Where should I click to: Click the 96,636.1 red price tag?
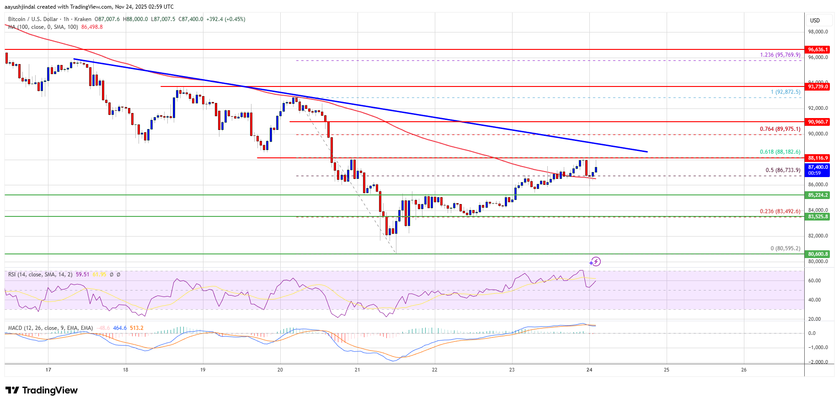[818, 49]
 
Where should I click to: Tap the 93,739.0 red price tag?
[818, 86]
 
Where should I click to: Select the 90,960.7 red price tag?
[818, 122]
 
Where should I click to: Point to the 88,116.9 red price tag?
[818, 158]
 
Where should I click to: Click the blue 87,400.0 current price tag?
[818, 170]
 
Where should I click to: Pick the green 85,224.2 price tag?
[818, 195]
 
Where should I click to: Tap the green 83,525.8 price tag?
[818, 216]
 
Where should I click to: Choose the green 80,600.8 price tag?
[818, 254]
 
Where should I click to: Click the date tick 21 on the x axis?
[357, 370]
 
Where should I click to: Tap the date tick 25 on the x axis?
[667, 370]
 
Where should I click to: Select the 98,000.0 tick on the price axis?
[818, 32]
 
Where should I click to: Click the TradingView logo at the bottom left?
[42, 390]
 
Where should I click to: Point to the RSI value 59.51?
[83, 275]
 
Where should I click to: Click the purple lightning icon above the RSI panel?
[595, 262]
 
